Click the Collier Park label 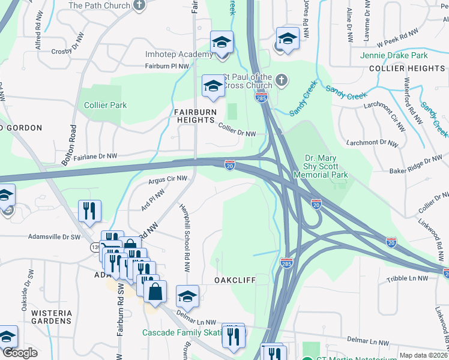pos(105,105)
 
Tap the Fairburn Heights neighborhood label pos(194,116)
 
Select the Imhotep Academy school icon pos(221,43)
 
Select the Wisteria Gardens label pos(44,317)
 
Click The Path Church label pos(100,5)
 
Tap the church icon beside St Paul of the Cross pos(280,78)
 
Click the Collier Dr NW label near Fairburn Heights pos(237,130)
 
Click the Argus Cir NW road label pos(168,179)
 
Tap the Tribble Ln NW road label pos(407,278)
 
